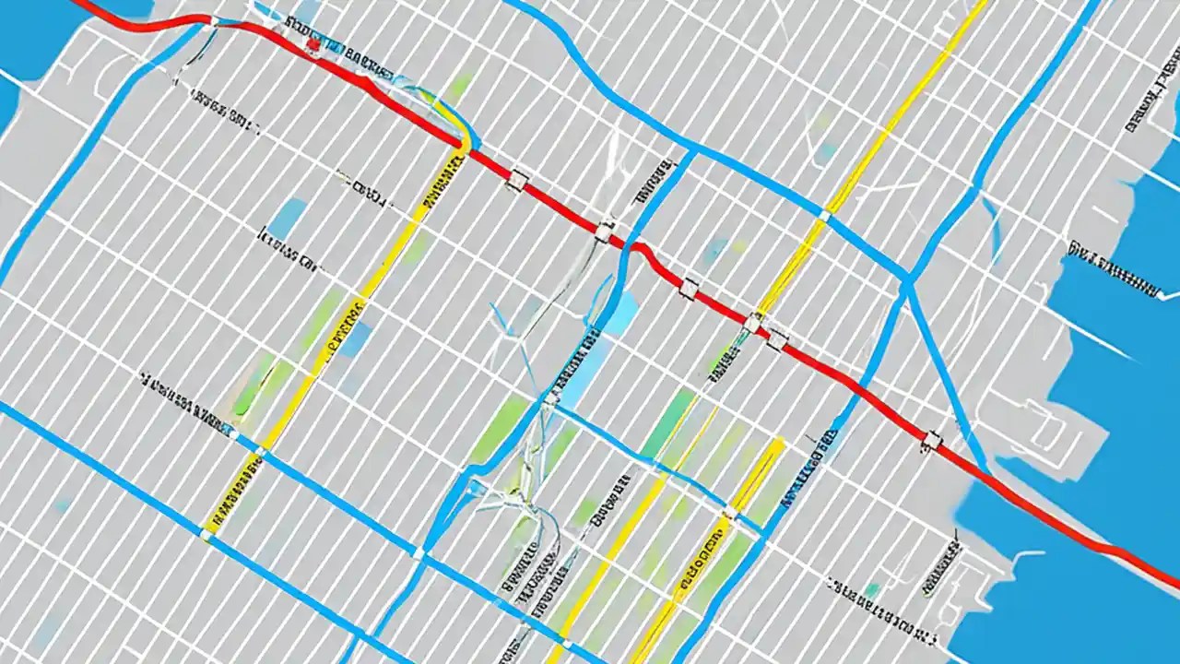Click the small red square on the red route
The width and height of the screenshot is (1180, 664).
(313, 43)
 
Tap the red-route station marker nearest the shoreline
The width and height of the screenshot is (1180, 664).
(932, 442)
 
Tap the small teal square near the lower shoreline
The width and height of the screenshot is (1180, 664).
(871, 589)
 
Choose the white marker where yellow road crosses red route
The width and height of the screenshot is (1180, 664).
(753, 322)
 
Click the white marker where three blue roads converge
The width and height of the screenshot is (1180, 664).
(418, 553)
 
